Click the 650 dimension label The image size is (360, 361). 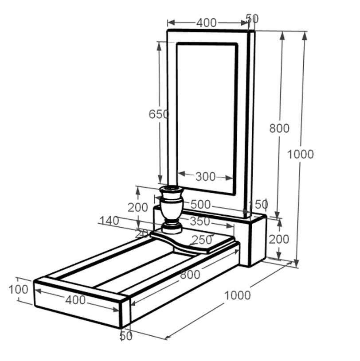click(x=159, y=114)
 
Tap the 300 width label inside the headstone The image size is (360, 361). click(x=206, y=177)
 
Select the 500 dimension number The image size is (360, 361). click(x=201, y=205)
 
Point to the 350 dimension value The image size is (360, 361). click(x=200, y=221)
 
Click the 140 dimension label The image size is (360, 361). click(x=109, y=221)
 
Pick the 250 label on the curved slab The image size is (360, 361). click(x=202, y=240)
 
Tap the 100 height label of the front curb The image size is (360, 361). click(x=19, y=290)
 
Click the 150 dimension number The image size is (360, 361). click(x=259, y=204)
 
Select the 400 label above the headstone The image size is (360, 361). click(x=207, y=23)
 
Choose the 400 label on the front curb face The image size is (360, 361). click(x=76, y=300)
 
